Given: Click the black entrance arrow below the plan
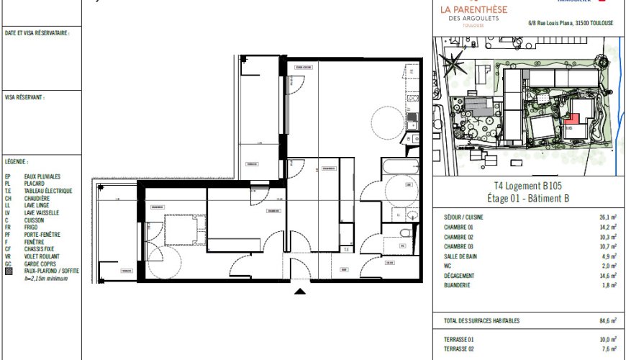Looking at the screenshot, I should (300, 291).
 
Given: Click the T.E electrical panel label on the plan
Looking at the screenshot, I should (346, 250).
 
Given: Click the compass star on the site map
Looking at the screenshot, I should (454, 66).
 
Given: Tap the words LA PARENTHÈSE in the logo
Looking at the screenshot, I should (473, 9).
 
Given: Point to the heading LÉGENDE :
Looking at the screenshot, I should (17, 162).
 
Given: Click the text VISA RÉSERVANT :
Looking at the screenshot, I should (24, 96).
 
